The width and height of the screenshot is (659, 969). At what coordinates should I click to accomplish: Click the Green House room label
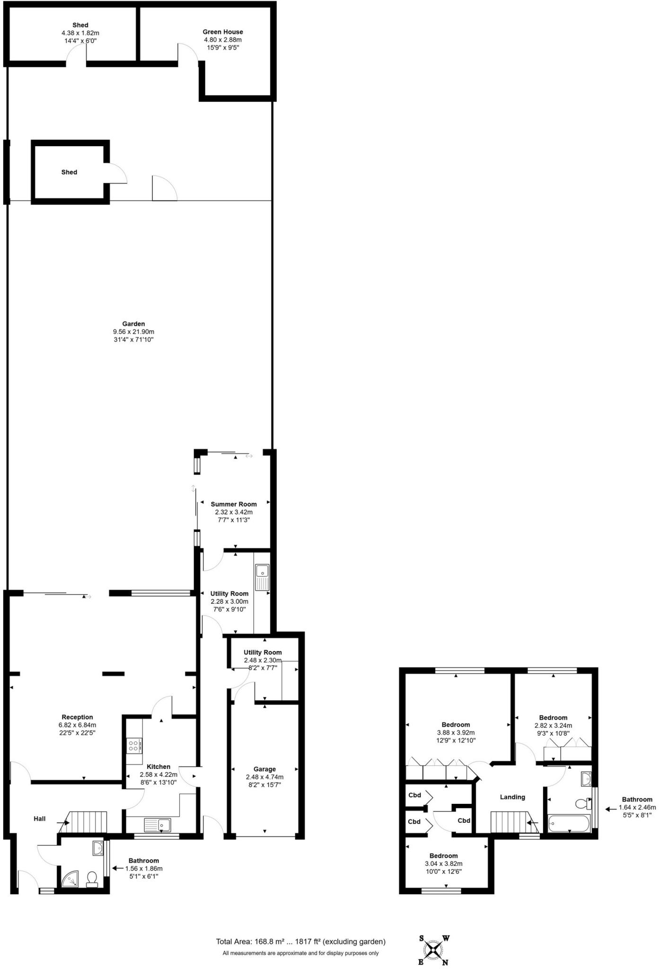(222, 32)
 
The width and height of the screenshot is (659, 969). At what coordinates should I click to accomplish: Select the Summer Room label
(234, 504)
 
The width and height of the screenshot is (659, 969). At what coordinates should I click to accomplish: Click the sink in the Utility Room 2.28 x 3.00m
(262, 577)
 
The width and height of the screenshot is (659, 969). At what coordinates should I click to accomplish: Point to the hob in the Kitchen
(134, 746)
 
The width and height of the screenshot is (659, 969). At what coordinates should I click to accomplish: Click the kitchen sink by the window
(158, 825)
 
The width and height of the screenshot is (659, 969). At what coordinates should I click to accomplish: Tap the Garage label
(264, 769)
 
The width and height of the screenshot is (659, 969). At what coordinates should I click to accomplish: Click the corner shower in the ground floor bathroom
(71, 880)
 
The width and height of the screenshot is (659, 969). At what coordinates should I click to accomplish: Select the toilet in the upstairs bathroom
(583, 803)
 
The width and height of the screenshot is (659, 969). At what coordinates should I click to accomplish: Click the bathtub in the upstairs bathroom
(569, 824)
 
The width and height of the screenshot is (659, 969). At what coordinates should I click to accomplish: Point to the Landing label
(512, 797)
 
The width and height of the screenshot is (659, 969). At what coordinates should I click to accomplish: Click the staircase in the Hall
(86, 822)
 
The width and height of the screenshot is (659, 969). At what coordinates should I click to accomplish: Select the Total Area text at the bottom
(300, 942)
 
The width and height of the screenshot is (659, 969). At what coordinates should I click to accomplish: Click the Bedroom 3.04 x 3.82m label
(443, 855)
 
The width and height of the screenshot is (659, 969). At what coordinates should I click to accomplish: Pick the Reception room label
(77, 717)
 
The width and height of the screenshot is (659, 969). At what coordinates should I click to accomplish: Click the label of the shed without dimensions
(69, 172)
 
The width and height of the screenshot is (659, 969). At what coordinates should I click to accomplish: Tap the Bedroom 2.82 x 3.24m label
(553, 717)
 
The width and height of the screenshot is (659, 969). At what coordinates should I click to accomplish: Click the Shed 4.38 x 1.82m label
(80, 25)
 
